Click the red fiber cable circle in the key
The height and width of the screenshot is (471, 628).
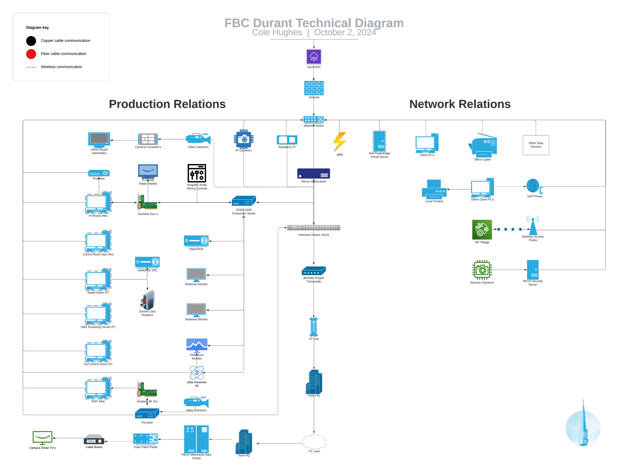tap(31, 54)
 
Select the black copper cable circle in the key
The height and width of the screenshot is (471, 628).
tap(31, 41)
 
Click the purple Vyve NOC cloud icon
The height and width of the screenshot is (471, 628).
tap(314, 57)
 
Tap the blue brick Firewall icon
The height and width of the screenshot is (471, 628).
tap(314, 88)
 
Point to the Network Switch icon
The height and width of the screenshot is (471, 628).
tap(313, 120)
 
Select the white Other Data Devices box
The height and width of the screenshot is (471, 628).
tap(536, 145)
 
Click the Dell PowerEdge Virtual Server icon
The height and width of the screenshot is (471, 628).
tap(379, 141)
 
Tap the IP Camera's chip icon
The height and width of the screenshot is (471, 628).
tap(244, 139)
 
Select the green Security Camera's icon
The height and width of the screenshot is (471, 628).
tap(482, 270)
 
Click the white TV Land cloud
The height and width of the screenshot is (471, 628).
tap(314, 441)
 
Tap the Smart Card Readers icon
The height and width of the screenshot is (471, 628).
tap(147, 300)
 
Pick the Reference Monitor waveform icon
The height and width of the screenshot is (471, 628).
tap(197, 345)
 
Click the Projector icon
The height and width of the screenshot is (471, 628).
tap(99, 173)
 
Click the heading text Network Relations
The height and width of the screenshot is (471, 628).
tap(460, 104)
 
